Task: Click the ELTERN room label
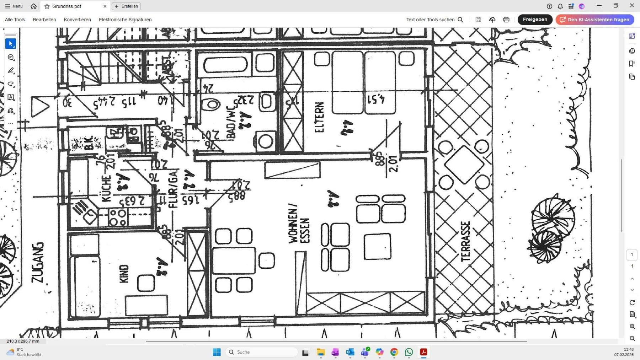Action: point(319,117)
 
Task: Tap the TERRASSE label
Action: point(465,241)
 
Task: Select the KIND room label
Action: point(124,274)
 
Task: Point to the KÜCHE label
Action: point(106,189)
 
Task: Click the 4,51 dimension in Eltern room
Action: point(376,99)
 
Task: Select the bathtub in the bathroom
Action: point(225,65)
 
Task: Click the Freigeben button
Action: point(534,20)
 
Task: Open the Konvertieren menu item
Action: point(77,20)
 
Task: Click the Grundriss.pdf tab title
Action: point(66,6)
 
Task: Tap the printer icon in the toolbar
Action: point(506,20)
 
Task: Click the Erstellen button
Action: point(126,6)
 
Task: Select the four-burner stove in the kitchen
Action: point(118,217)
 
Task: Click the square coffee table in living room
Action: point(377,246)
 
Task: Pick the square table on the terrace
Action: point(464,165)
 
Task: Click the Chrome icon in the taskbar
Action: point(394,352)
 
